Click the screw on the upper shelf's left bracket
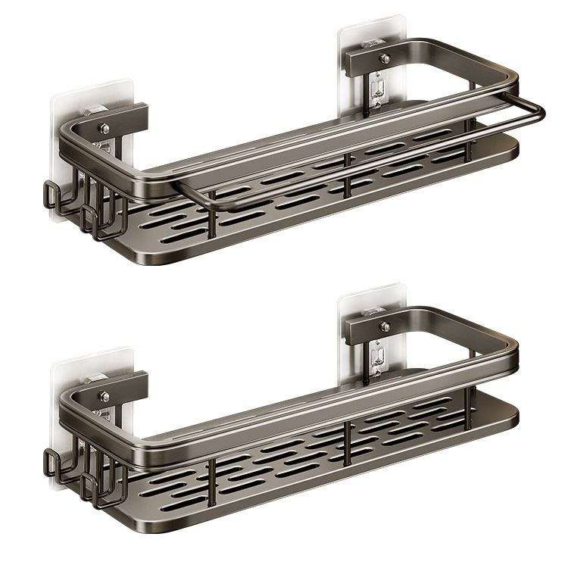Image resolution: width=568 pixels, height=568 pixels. coord(104,120)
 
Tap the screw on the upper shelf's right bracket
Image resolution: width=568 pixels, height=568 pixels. coord(385,58)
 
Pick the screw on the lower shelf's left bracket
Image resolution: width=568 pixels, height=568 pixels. coord(104,396)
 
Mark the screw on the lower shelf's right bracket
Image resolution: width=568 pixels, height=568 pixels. coord(385,326)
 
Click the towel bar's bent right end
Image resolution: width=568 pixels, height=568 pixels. coord(539,111)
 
